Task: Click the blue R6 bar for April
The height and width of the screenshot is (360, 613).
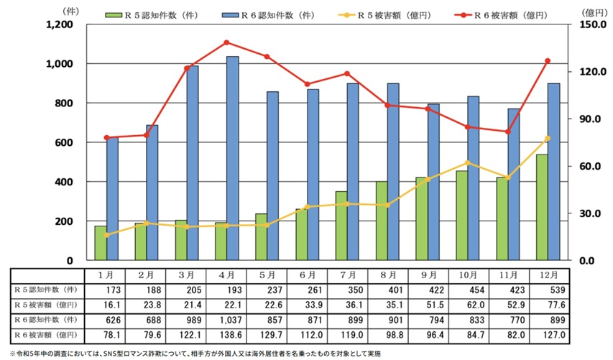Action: click(x=233, y=158)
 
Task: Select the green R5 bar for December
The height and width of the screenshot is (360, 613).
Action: click(x=541, y=207)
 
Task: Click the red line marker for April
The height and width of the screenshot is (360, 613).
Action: click(x=226, y=42)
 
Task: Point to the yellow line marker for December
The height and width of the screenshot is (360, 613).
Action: click(x=548, y=138)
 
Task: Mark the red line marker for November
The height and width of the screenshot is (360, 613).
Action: click(x=507, y=131)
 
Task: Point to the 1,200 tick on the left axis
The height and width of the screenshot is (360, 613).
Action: click(x=61, y=24)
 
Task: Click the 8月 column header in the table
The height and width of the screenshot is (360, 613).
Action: click(x=388, y=275)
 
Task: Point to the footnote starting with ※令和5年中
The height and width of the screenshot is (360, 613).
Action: click(x=194, y=354)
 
